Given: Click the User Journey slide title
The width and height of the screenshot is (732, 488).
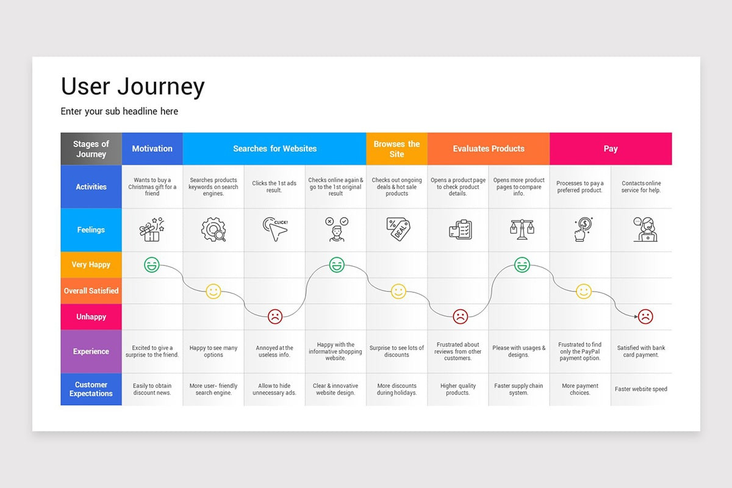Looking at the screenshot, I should pyautogui.click(x=132, y=87).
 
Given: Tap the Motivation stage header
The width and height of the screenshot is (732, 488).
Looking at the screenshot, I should pyautogui.click(x=152, y=149).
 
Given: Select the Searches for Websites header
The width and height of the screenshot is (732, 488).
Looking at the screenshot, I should pyautogui.click(x=274, y=149).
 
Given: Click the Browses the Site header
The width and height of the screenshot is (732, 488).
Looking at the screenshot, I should pyautogui.click(x=396, y=149).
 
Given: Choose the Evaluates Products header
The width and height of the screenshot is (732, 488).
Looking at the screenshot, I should pyautogui.click(x=488, y=149).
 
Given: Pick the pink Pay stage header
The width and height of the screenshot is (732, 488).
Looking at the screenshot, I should pyautogui.click(x=611, y=149).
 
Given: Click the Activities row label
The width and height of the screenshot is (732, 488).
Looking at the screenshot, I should pyautogui.click(x=91, y=187).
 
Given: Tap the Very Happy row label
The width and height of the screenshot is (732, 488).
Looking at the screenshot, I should pyautogui.click(x=91, y=265).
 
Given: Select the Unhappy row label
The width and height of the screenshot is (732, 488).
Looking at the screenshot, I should pyautogui.click(x=91, y=317).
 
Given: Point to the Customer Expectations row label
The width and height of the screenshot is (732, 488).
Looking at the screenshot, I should pyautogui.click(x=91, y=389).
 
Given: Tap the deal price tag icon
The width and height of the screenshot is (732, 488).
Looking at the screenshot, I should pyautogui.click(x=398, y=229).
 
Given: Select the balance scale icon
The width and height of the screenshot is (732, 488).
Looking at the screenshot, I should pyautogui.click(x=522, y=229).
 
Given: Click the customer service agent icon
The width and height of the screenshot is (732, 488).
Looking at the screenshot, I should pyautogui.click(x=644, y=229).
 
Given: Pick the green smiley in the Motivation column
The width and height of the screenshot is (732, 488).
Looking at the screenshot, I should pyautogui.click(x=152, y=265).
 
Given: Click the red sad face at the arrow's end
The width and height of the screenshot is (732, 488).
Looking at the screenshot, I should pyautogui.click(x=645, y=317).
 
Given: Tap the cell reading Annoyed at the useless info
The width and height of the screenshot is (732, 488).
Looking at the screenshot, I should pyautogui.click(x=274, y=351).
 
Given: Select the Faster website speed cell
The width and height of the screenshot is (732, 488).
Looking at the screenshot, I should pyautogui.click(x=641, y=389).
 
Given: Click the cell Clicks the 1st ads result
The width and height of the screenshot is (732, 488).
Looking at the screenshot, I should pyautogui.click(x=274, y=187).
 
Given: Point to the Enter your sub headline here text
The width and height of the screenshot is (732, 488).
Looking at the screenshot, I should pyautogui.click(x=120, y=112).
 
